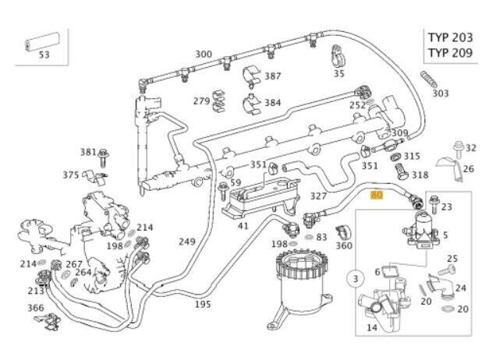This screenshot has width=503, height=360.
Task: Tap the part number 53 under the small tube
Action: click(x=44, y=55)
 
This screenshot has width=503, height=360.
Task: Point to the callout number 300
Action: click(x=204, y=54)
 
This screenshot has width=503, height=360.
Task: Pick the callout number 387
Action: click(x=273, y=76)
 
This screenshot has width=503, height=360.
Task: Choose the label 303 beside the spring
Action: click(x=441, y=93)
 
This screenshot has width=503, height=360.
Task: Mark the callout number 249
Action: click(x=186, y=242)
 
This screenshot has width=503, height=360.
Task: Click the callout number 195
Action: click(x=203, y=304)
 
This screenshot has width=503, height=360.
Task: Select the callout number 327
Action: click(x=318, y=196)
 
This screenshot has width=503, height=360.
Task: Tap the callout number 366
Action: click(x=36, y=307)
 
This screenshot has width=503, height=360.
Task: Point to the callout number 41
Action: click(x=243, y=226)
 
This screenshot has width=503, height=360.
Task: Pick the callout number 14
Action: click(x=373, y=328)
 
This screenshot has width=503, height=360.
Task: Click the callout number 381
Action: click(x=88, y=152)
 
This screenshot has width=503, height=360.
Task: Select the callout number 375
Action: click(x=71, y=175)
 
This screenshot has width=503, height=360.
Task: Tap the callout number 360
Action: click(x=344, y=245)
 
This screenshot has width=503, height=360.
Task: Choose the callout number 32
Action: click(x=470, y=148)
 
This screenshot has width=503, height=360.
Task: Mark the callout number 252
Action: click(x=357, y=104)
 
